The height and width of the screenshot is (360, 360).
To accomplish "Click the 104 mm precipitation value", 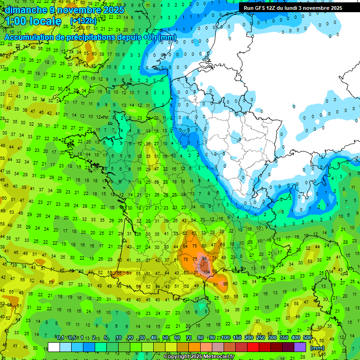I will coord(206,272).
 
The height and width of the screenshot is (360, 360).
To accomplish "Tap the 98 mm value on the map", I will coord(203,258).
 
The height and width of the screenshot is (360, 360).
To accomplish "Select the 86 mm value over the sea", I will coord(225,284).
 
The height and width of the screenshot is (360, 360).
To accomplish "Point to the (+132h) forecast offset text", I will coord(83,21).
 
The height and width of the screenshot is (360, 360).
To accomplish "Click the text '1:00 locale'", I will coord(33,21).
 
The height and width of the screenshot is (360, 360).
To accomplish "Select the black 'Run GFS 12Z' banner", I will coord(293,8).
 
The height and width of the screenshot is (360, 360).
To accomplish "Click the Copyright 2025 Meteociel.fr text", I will coord(199,356).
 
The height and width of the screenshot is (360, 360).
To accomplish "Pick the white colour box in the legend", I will coord(54,347).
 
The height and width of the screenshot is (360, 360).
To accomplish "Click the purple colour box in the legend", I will coord(300,347).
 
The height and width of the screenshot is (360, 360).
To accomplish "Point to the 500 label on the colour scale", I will coord(307,338).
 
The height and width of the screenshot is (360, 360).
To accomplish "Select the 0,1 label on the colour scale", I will coord(60,338).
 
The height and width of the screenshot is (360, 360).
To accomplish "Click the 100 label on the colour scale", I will coord(225,338).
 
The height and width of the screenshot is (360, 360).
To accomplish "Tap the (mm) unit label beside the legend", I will coord(317,348).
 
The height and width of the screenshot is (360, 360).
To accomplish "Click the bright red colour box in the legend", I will coord(253,347).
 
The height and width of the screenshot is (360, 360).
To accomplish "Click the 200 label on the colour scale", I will coord(249,338).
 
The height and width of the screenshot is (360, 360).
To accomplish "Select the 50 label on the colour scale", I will coord(165,338).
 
